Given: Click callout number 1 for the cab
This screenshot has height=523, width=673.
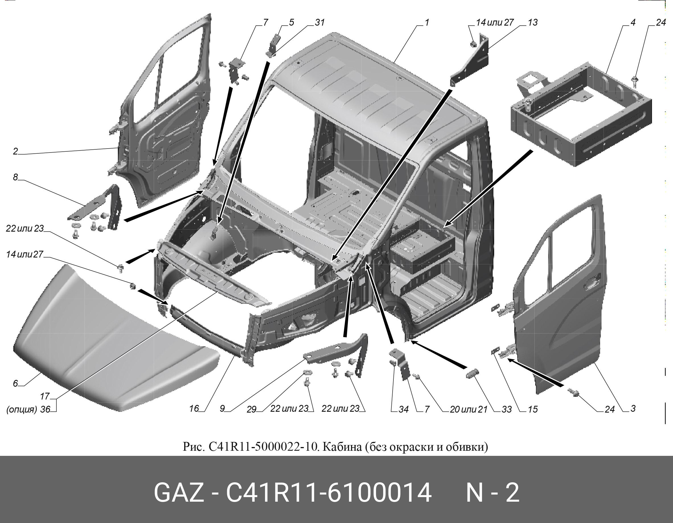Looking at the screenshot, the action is pyautogui.click(x=427, y=22).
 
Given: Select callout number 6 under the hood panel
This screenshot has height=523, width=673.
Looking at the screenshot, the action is pyautogui.click(x=15, y=384).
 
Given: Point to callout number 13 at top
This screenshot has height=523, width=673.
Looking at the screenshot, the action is pyautogui.click(x=532, y=22).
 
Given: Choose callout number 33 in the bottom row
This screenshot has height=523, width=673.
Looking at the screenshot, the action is pyautogui.click(x=506, y=409).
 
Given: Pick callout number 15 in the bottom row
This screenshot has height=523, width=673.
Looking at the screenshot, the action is pyautogui.click(x=532, y=409).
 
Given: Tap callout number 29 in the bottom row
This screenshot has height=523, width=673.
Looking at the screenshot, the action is pyautogui.click(x=251, y=409).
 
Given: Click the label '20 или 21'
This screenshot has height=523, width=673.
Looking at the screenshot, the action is pyautogui.click(x=469, y=409).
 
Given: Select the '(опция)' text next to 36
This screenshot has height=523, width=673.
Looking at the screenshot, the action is pyautogui.click(x=22, y=410).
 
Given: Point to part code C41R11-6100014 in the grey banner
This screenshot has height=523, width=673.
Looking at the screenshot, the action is pyautogui.click(x=329, y=493).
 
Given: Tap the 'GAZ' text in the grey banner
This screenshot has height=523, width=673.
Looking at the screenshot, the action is pyautogui.click(x=179, y=493).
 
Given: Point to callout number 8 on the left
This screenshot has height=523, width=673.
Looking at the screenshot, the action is pyautogui.click(x=15, y=177).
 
